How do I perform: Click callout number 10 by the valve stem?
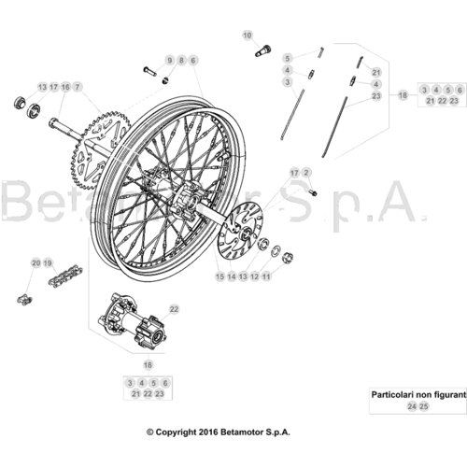tap(248, 35)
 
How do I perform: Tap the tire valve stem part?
tap(263, 50)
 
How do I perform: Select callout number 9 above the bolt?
tap(170, 61)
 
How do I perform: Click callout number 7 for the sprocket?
tap(78, 87)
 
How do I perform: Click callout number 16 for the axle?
tap(65, 87)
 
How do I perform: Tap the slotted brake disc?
tap(240, 231)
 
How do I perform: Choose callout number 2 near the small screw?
tap(306, 173)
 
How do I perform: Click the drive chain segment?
tap(64, 276)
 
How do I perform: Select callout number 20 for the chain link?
tap(36, 263)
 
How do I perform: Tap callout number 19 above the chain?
tap(48, 263)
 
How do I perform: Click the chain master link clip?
tap(24, 300)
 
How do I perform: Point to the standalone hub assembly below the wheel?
tap(132, 320)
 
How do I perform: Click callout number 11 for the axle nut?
tap(266, 276)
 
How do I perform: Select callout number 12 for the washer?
tap(255, 276)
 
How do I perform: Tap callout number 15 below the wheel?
tap(220, 276)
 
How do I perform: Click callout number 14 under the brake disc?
tap(232, 276)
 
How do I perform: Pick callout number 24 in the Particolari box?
tap(412, 406)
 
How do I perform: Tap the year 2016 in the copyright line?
tap(208, 432)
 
